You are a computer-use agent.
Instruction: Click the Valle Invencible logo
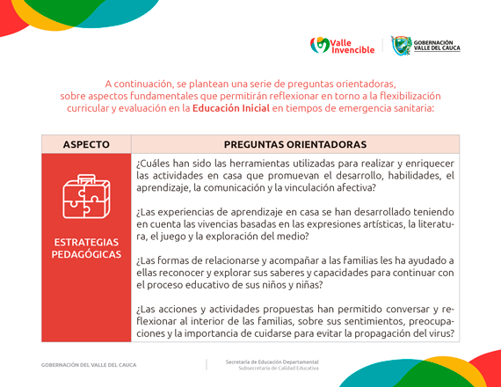click(x=343, y=45)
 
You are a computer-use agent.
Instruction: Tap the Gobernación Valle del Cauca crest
click(x=402, y=45)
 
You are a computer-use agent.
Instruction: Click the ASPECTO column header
click(x=86, y=144)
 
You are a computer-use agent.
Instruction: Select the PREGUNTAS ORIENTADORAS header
click(x=295, y=144)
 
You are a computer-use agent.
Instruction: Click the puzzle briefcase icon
click(x=86, y=195)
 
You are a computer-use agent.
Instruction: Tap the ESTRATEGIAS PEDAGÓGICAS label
click(x=86, y=248)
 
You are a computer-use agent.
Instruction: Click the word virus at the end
click(x=441, y=333)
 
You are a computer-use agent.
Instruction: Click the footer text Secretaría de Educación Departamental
click(x=272, y=361)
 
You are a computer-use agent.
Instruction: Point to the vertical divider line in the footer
click(x=207, y=364)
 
